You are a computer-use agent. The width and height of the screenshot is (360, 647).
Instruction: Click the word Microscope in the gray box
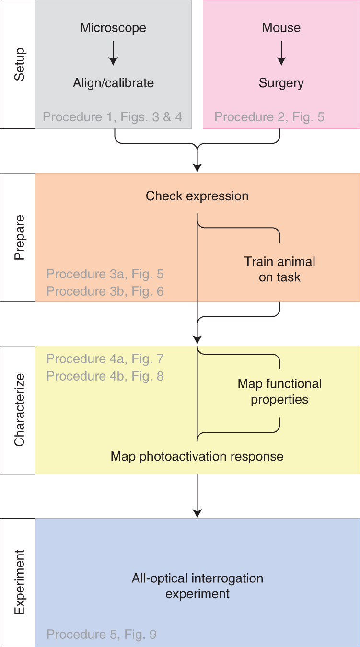pyautogui.click(x=113, y=28)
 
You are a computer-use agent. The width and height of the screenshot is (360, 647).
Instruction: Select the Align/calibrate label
pyautogui.click(x=113, y=83)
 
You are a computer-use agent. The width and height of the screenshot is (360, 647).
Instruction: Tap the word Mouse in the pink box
pyautogui.click(x=281, y=28)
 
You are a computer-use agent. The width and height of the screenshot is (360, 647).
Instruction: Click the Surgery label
pyautogui.click(x=281, y=83)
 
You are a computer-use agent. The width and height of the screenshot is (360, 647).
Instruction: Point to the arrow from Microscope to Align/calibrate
pyautogui.click(x=113, y=53)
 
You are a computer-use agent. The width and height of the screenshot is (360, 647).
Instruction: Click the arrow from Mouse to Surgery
pyautogui.click(x=281, y=53)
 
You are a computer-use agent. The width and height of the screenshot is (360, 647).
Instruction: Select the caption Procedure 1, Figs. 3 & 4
pyautogui.click(x=113, y=117)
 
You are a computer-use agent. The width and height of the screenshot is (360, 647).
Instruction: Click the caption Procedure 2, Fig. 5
pyautogui.click(x=269, y=117)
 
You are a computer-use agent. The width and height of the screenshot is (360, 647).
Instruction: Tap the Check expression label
pyautogui.click(x=197, y=196)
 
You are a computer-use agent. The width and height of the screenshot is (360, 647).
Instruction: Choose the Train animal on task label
pyautogui.click(x=279, y=269)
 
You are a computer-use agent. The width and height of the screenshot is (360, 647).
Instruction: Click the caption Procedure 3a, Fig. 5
pyautogui.click(x=105, y=274)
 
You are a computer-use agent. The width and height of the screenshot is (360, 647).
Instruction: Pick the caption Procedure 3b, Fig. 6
pyautogui.click(x=105, y=291)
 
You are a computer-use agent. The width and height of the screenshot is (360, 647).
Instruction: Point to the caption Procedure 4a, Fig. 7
pyautogui.click(x=105, y=358)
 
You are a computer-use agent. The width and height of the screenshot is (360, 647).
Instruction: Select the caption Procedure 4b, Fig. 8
pyautogui.click(x=105, y=376)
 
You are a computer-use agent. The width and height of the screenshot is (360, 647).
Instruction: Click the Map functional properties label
pyautogui.click(x=279, y=392)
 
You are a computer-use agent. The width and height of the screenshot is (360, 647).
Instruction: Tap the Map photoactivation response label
pyautogui.click(x=197, y=456)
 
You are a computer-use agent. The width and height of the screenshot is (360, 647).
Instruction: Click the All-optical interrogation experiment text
pyautogui.click(x=197, y=586)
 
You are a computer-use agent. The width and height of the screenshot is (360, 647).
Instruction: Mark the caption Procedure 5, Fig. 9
pyautogui.click(x=102, y=635)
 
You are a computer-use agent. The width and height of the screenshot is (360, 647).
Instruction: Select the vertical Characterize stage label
pyautogui.click(x=18, y=410)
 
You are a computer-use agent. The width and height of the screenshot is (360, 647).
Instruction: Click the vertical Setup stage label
pyautogui.click(x=18, y=64)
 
